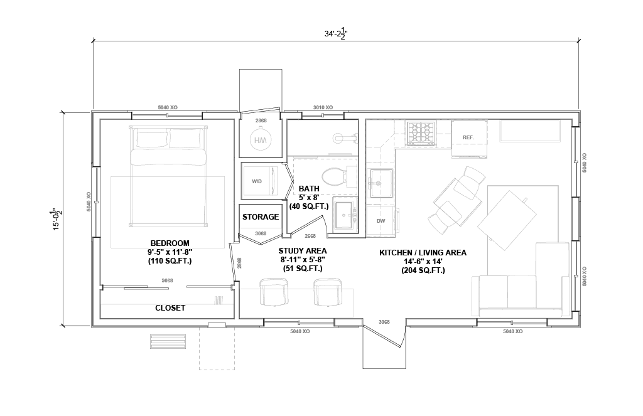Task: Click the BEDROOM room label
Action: click(170, 243)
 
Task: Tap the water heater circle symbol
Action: click(261, 141)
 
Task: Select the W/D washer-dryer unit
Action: click(256, 181)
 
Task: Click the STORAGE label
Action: click(261, 217)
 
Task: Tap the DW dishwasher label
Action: click(381, 221)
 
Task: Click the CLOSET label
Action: click(170, 308)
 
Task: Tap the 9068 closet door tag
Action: click(167, 280)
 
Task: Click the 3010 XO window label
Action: click(323, 107)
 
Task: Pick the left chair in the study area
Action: click(274, 292)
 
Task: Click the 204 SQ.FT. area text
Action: click(423, 270)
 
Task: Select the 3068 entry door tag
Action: click(384, 322)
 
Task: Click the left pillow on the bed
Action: click(152, 139)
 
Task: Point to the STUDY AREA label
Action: click(303, 251)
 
